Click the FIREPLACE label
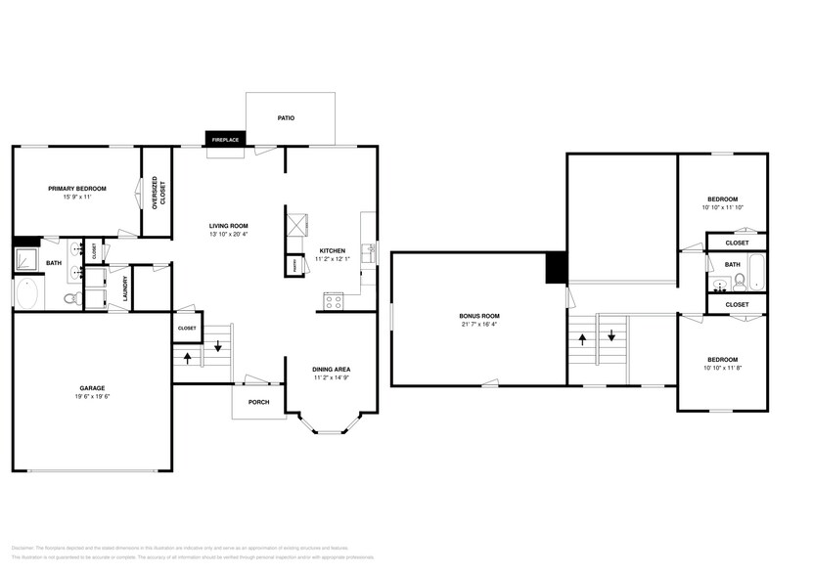[225, 140]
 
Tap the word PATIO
[286, 118]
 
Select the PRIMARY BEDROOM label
[77, 188]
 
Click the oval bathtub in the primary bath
[29, 293]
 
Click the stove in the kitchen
[333, 301]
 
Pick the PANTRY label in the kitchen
[293, 264]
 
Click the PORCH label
[258, 402]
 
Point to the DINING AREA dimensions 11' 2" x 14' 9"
[332, 377]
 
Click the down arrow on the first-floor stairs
[217, 346]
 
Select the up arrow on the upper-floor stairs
[584, 339]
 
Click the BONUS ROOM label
[479, 316]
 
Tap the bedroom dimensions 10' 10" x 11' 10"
[722, 207]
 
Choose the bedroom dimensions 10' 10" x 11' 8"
[722, 367]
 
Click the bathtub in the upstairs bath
[756, 271]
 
